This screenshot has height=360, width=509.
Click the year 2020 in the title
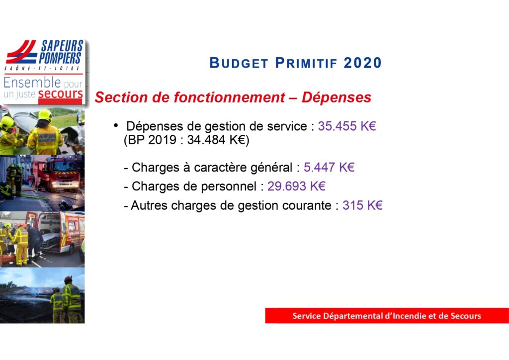tap(362, 63)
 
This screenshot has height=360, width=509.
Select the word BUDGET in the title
tap(239, 63)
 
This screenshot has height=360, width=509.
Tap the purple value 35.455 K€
tap(346, 126)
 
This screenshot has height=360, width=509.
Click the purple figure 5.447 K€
tap(329, 168)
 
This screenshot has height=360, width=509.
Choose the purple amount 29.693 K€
tap(296, 186)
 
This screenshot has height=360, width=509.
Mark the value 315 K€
tap(362, 205)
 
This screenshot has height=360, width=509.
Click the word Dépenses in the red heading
tap(337, 98)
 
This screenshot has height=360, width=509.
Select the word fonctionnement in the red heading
tap(230, 97)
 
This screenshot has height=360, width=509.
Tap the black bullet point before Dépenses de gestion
tap(116, 125)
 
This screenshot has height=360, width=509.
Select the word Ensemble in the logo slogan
tap(32, 83)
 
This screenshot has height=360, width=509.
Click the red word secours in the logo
tap(60, 94)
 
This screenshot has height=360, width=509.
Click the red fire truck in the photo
tap(60, 173)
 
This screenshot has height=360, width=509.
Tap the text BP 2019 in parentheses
tap(150, 140)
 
